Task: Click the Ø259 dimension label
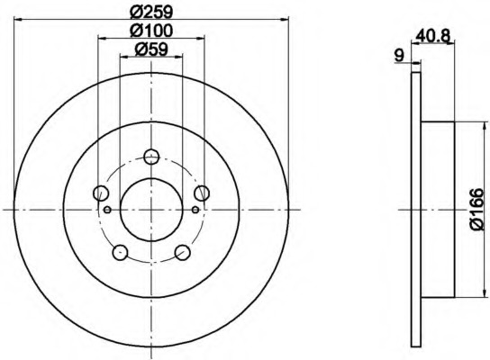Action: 151,13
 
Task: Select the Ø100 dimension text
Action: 151,31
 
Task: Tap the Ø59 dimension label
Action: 151,49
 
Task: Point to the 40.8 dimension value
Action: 433,36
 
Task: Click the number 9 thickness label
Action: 399,56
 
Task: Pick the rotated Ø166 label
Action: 476,209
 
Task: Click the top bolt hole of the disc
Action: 151,157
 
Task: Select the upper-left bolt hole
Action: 101,193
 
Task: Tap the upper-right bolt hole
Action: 202,193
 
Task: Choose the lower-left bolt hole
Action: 121,252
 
